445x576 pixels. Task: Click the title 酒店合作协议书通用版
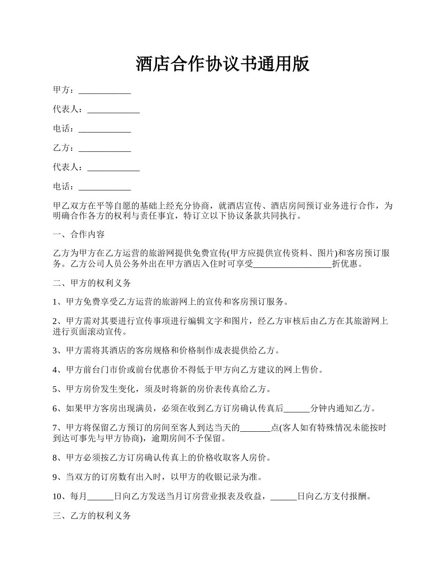pyautogui.click(x=222, y=64)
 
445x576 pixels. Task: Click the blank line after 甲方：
pyautogui.click(x=104, y=91)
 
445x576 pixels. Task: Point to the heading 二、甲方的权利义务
pyautogui.click(x=92, y=283)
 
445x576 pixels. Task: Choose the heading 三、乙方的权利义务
pyautogui.click(x=92, y=516)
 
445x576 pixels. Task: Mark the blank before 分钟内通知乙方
pyautogui.click(x=297, y=409)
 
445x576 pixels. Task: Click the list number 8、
pyautogui.click(x=59, y=458)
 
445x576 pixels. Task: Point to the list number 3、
pyautogui.click(x=59, y=351)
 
